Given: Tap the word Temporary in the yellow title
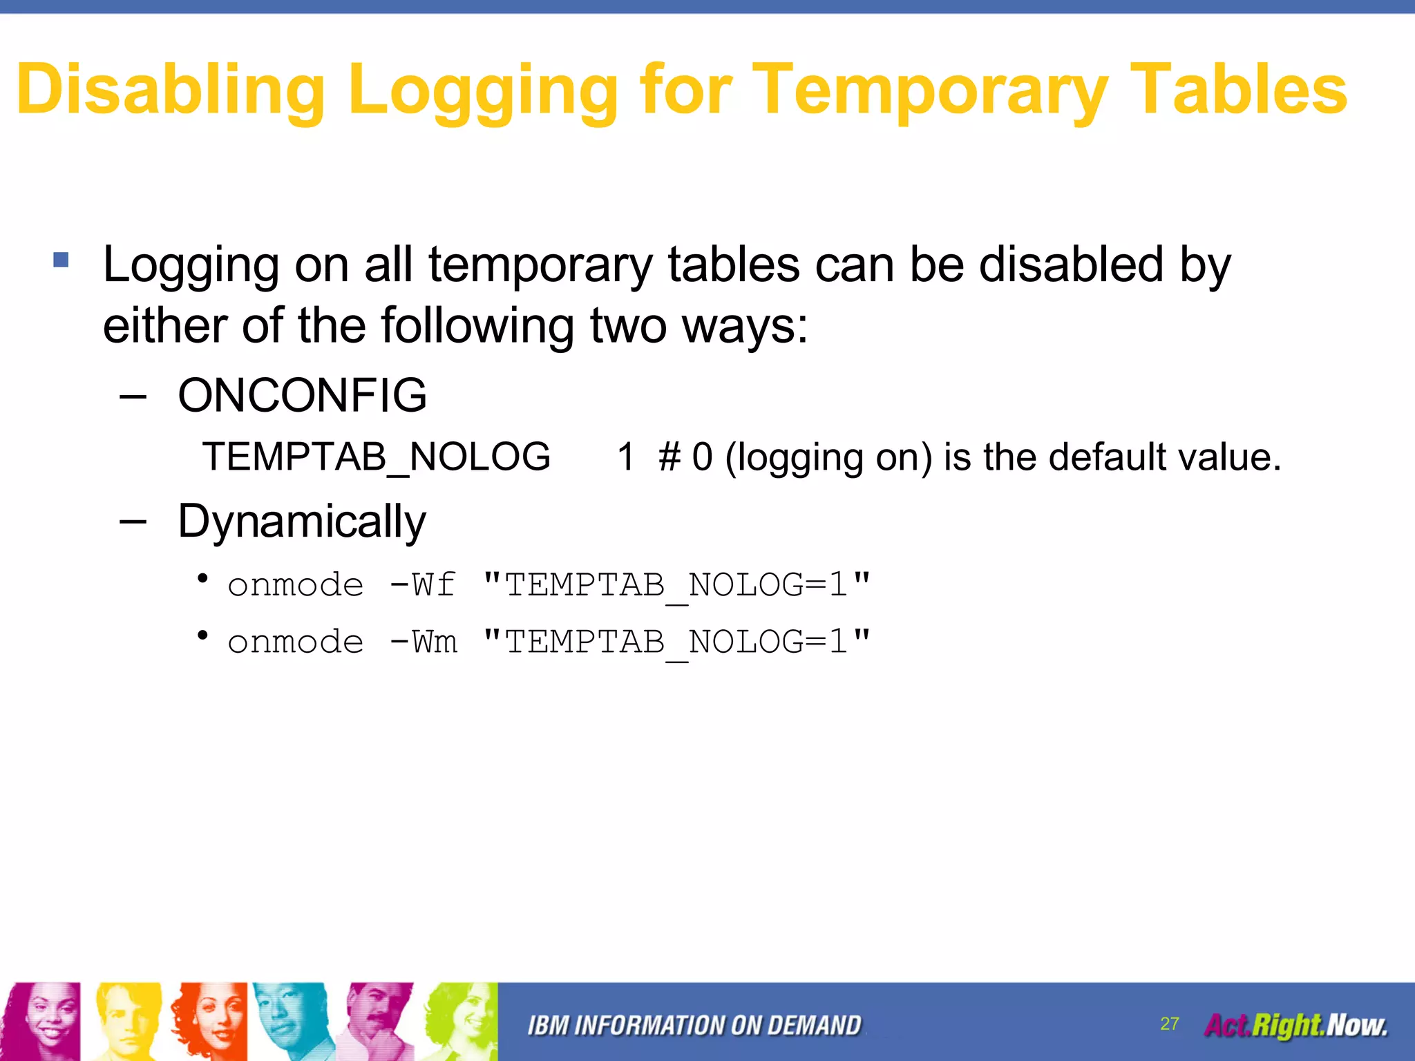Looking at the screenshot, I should tap(929, 90).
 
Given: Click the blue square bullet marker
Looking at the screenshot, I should tap(61, 260).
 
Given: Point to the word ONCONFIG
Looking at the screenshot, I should tap(302, 396).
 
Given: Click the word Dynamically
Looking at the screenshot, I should tap(302, 522).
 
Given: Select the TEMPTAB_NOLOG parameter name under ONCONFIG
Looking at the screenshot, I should tap(377, 457).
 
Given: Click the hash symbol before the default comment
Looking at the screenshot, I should tap(669, 457).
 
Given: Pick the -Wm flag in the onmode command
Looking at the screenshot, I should tap(423, 642).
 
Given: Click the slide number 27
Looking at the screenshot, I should tap(1169, 1024).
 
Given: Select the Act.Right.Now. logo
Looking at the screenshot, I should tap(1295, 1025).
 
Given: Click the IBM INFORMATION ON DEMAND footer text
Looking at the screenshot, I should tap(694, 1026).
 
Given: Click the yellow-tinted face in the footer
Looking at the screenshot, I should tap(128, 1021).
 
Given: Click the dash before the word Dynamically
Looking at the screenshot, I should tap(133, 522).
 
